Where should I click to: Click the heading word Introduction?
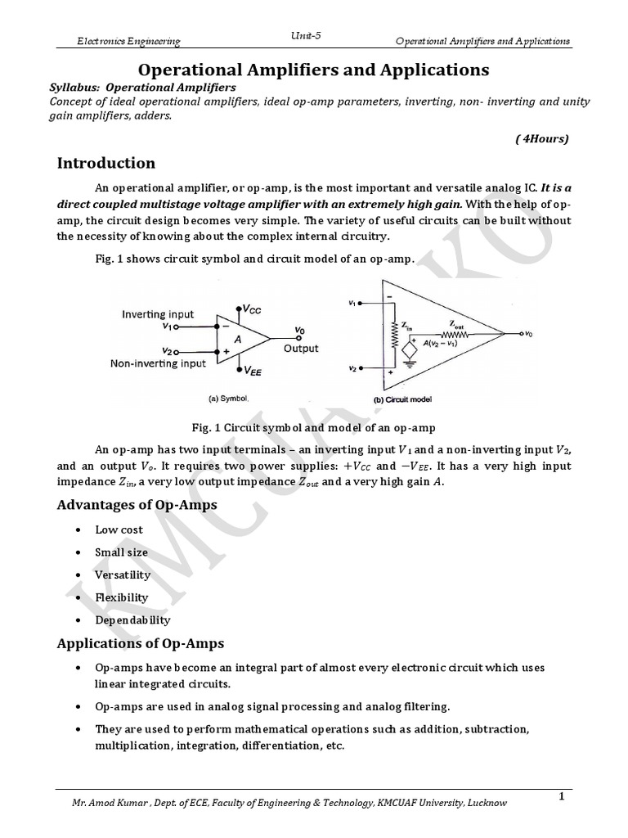105,163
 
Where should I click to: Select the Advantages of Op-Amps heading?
137,504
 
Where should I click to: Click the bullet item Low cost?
119,530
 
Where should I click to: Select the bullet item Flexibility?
122,597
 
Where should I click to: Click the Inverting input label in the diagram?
158,314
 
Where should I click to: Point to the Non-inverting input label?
159,364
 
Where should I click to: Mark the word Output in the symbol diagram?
301,348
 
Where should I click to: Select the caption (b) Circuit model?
403,399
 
